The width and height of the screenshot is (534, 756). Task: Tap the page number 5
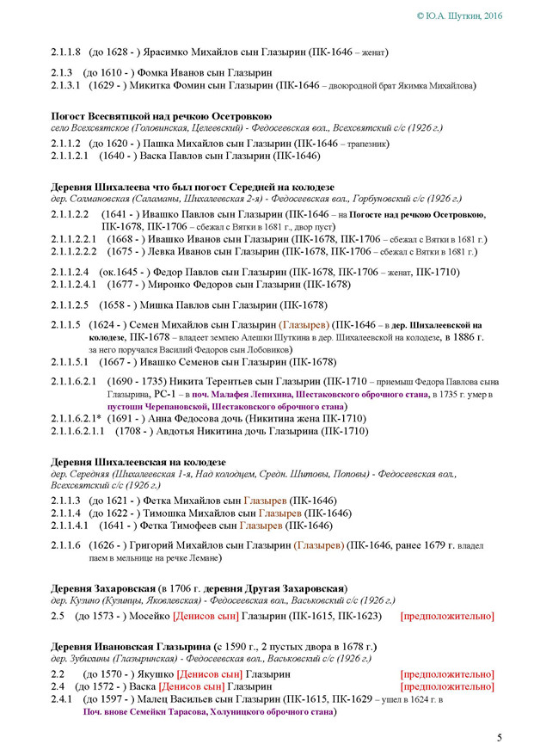coord(500,737)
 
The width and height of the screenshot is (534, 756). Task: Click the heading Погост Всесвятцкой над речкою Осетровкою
coord(162,115)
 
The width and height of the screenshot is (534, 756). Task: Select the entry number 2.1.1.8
coord(65,52)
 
